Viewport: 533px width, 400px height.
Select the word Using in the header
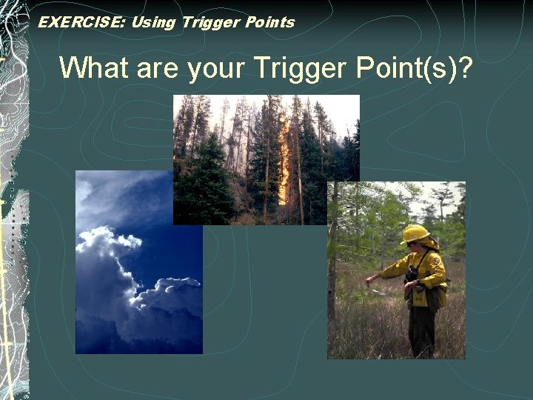(152, 22)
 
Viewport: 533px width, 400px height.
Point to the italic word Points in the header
(266, 22)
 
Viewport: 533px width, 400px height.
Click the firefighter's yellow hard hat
(415, 234)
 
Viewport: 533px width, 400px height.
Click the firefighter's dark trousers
(423, 333)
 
